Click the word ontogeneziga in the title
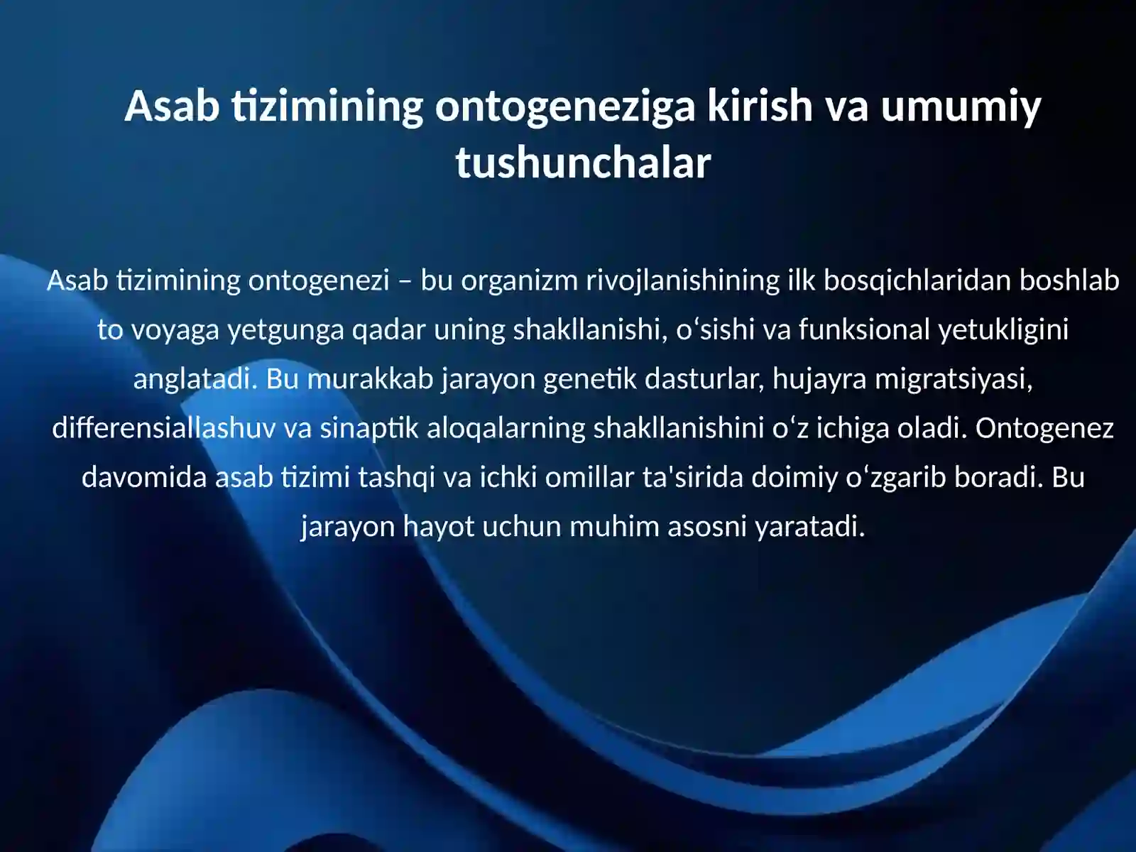tap(564, 106)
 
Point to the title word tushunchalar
tap(583, 163)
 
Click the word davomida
tap(144, 477)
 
